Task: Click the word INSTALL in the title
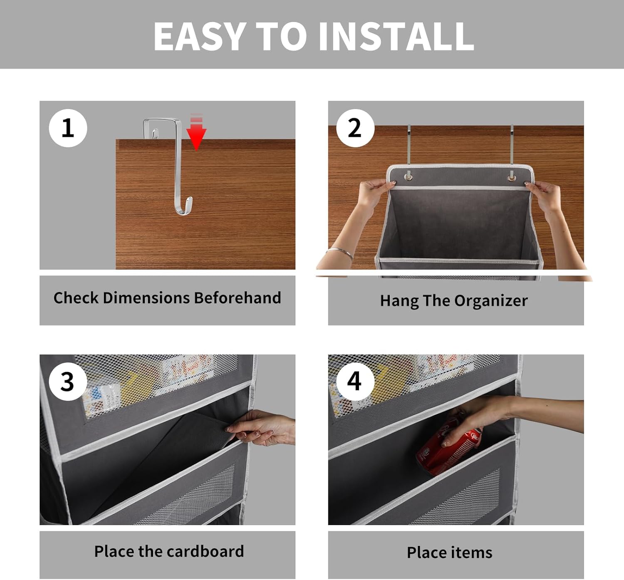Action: (x=396, y=37)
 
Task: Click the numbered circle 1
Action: (x=68, y=128)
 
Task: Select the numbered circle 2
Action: (x=355, y=128)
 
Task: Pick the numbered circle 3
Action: (x=68, y=381)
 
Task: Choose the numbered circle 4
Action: (x=355, y=381)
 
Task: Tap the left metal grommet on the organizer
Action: (x=409, y=177)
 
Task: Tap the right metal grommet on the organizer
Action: (x=512, y=178)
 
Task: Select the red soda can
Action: (x=449, y=447)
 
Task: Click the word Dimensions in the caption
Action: (x=146, y=298)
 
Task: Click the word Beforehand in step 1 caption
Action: (x=237, y=298)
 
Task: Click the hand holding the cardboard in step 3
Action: (x=261, y=427)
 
